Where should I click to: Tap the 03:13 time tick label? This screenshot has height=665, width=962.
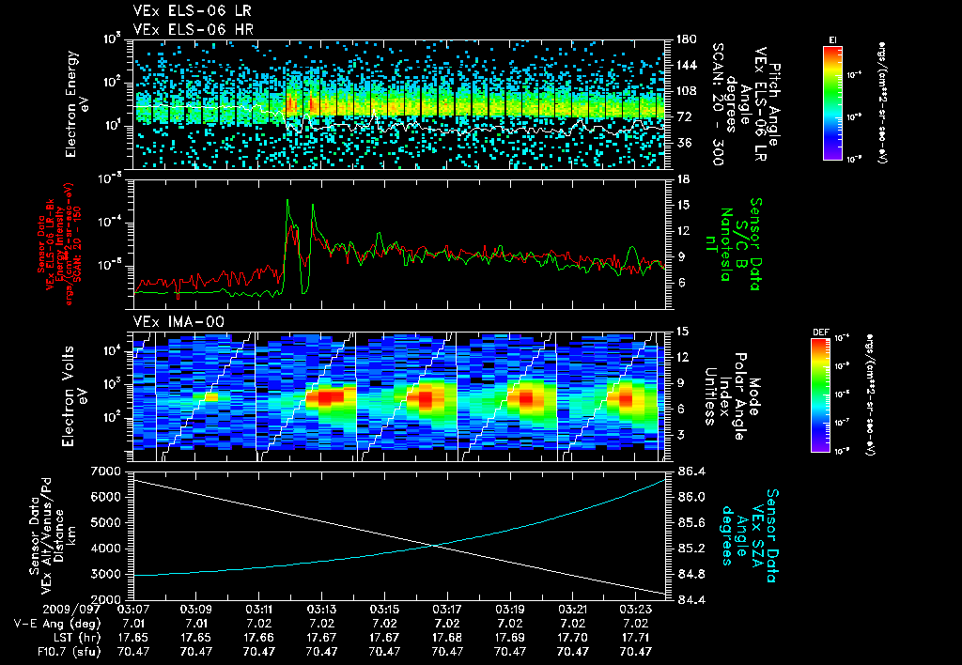click(321, 609)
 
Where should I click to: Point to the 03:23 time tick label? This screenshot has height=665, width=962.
click(635, 609)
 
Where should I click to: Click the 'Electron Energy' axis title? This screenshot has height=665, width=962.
click(70, 105)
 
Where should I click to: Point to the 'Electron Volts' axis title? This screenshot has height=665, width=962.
click(70, 394)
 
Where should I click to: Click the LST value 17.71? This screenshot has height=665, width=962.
click(635, 636)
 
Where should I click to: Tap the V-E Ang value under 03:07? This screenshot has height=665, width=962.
click(133, 623)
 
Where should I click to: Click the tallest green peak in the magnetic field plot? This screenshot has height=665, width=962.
click(288, 200)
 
